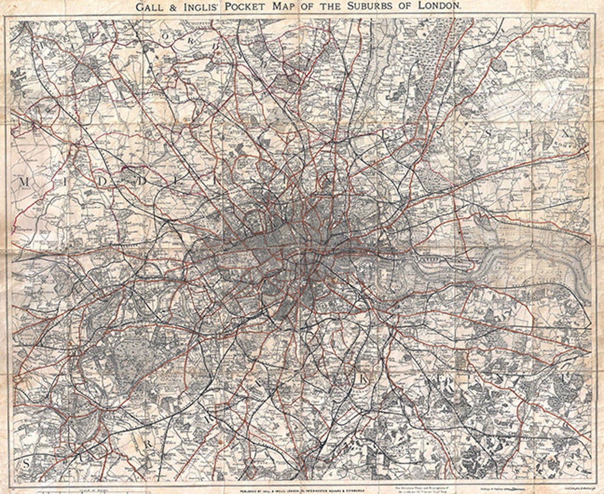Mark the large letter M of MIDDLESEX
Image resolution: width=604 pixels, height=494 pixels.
tap(24, 182)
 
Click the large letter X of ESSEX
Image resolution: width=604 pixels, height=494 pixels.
tap(565, 134)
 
